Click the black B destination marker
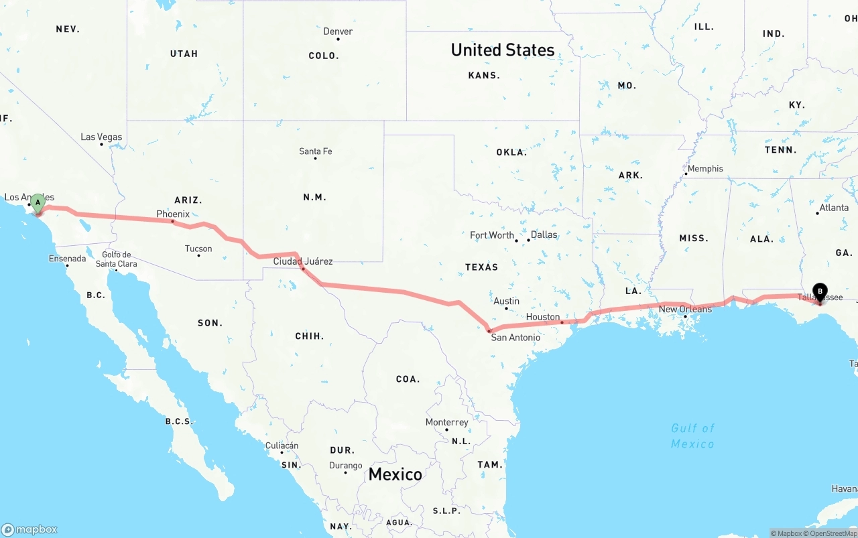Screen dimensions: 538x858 tap(820, 292)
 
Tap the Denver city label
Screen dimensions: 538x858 tap(338, 31)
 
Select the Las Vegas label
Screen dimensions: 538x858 tap(101, 137)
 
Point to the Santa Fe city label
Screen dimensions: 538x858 tap(315, 151)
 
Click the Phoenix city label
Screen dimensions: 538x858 tap(173, 214)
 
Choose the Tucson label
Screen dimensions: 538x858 tap(198, 249)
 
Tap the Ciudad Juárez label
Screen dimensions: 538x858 tap(302, 261)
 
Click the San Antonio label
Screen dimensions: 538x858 tap(515, 337)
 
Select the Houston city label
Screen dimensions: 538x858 tap(542, 317)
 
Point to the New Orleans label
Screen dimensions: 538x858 tap(685, 309)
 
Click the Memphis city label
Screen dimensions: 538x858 tap(705, 169)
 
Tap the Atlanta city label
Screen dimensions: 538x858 tap(834, 208)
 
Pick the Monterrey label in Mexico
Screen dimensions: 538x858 tap(446, 422)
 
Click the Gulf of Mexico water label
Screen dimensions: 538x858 tap(692, 435)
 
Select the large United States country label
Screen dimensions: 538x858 tap(502, 50)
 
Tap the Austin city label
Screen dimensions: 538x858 tap(506, 301)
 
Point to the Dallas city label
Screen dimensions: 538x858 tap(544, 235)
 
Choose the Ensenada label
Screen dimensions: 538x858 tap(67, 259)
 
